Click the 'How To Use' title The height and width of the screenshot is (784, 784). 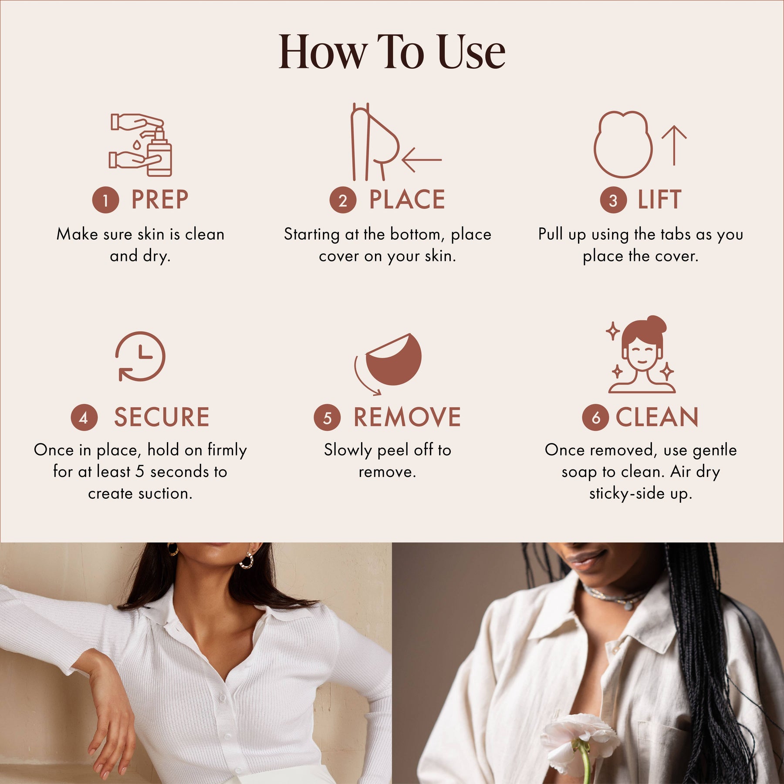(392, 52)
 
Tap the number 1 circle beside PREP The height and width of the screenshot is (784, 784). (105, 200)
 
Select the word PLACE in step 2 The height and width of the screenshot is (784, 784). (407, 199)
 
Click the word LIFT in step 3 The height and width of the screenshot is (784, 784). (659, 199)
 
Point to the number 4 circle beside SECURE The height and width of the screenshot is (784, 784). (84, 417)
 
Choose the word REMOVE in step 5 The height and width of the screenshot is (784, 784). (407, 417)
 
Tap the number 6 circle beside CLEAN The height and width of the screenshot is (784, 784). (595, 417)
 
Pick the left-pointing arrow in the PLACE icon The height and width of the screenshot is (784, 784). (422, 160)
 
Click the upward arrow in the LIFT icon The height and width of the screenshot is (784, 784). (674, 145)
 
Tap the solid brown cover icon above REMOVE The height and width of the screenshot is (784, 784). (394, 359)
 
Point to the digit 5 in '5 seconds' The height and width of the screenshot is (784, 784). (139, 472)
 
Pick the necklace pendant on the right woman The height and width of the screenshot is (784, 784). (628, 605)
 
